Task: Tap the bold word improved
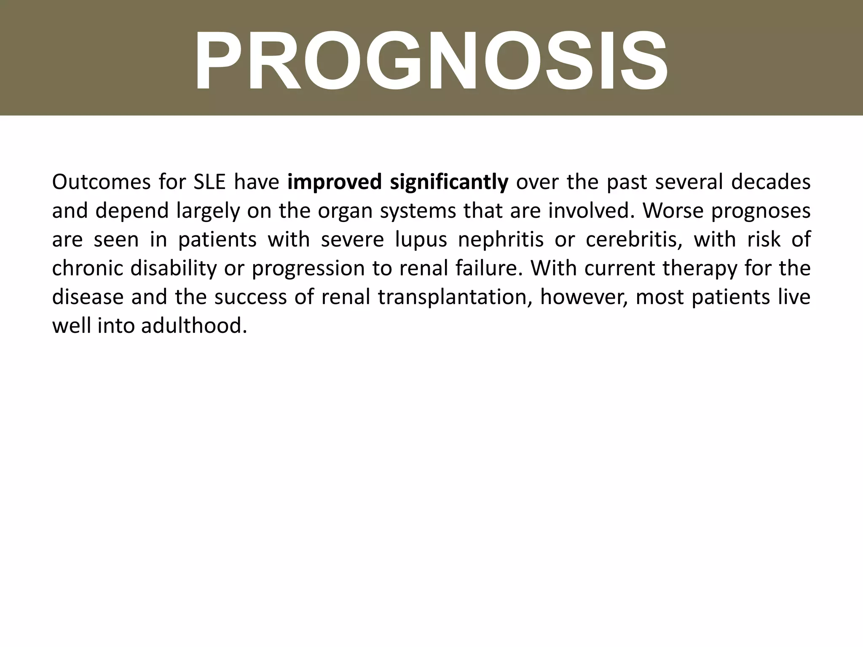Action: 335,183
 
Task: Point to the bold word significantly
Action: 449,183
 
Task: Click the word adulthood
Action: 194,326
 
